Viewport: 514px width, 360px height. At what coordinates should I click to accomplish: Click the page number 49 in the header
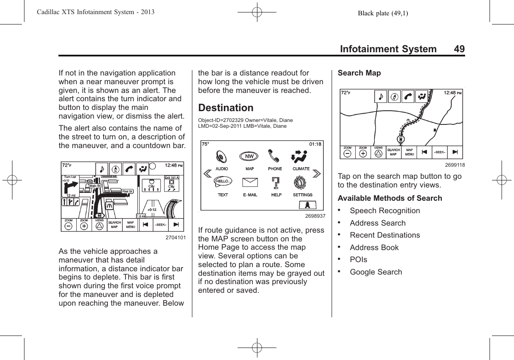(459, 49)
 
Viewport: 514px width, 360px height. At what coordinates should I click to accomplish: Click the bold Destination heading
(226, 108)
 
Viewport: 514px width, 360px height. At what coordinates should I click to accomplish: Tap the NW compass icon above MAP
(249, 156)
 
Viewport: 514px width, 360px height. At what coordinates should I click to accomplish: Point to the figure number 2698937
(315, 216)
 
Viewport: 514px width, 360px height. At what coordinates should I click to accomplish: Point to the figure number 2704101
(175, 238)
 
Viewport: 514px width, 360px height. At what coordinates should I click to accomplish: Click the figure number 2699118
(455, 165)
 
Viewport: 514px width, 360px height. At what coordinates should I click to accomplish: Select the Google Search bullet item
(376, 272)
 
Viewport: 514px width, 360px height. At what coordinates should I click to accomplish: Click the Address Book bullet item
(374, 248)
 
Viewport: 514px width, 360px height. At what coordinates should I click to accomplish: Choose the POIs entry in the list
(358, 260)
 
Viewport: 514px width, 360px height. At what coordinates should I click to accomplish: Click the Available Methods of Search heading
(390, 198)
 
